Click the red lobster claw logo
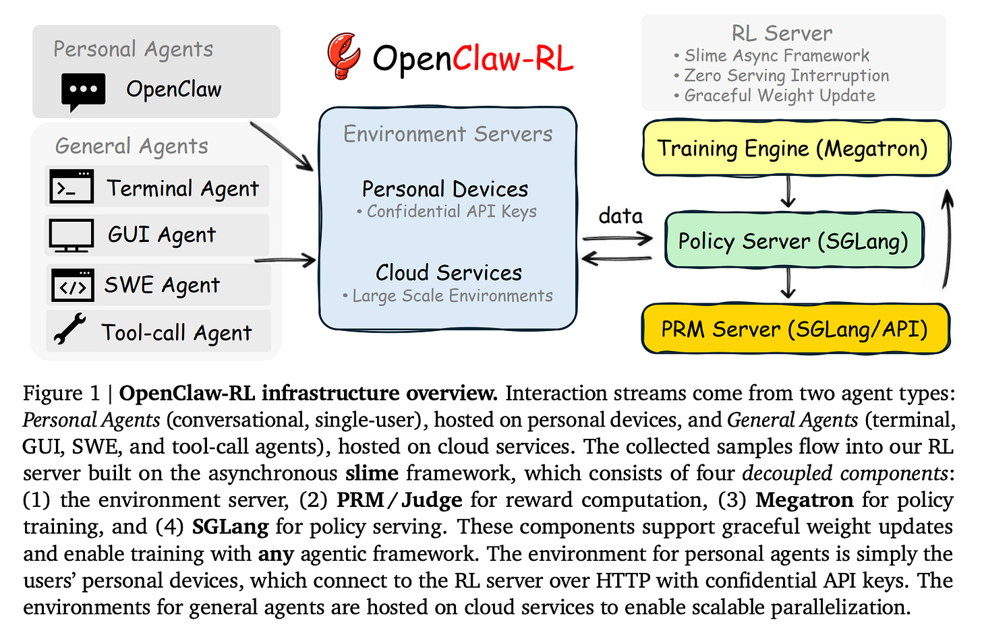[344, 55]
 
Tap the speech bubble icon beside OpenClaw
[83, 91]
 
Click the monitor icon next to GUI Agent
[71, 235]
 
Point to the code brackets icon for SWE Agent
[72, 285]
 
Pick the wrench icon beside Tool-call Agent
[70, 330]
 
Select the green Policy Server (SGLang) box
[793, 241]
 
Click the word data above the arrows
[620, 216]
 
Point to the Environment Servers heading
[448, 134]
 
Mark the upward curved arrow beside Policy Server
[947, 239]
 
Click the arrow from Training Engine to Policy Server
[788, 193]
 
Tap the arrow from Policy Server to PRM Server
[788, 284]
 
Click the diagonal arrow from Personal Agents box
[281, 146]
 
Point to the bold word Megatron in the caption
[804, 500]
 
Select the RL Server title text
[782, 33]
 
